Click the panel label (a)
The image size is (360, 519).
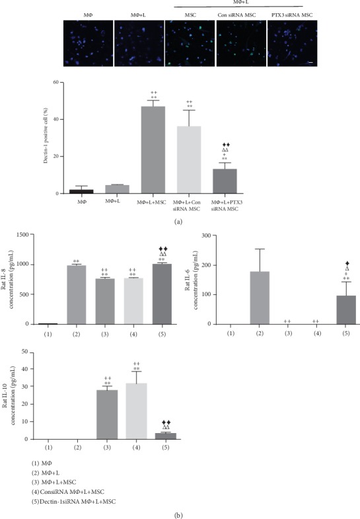(x=178, y=223)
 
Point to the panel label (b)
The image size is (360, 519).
(x=178, y=512)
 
